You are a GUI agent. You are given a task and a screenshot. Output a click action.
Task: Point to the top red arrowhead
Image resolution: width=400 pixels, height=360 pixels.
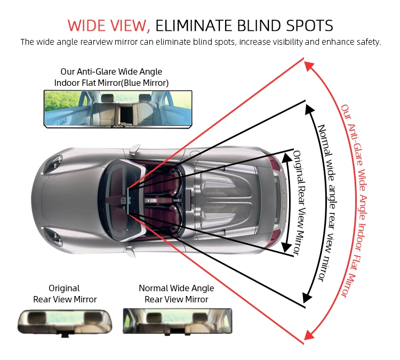coord(308,65)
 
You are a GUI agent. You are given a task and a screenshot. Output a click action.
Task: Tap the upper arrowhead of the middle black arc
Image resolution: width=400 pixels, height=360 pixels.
coord(308,108)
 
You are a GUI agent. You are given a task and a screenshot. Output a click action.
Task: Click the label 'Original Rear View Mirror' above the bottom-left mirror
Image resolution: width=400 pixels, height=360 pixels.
coord(65,294)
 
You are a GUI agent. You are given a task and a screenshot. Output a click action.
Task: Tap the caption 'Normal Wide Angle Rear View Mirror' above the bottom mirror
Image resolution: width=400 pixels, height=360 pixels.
coord(176,294)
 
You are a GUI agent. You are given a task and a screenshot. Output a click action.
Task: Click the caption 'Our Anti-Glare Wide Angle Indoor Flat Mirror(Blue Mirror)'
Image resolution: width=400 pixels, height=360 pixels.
coord(111,77)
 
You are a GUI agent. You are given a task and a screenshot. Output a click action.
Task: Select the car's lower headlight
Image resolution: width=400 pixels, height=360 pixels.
coord(53,235)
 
